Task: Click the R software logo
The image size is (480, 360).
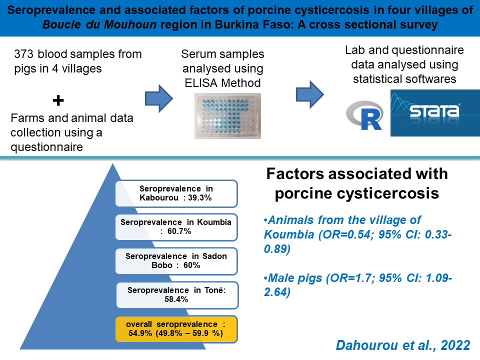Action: [x=365, y=115]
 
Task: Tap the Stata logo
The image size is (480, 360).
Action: [x=435, y=113]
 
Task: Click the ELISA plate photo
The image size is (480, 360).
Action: [x=228, y=116]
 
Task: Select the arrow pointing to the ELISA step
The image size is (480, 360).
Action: [x=159, y=98]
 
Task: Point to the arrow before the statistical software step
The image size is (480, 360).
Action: [x=310, y=94]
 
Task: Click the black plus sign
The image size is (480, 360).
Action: [x=58, y=100]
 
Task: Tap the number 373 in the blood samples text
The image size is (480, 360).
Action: [x=23, y=54]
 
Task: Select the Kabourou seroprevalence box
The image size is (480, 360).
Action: [x=176, y=193]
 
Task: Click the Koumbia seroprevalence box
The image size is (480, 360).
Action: [x=176, y=227]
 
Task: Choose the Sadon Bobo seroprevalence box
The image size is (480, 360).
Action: [x=176, y=261]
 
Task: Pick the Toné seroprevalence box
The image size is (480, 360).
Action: [x=177, y=295]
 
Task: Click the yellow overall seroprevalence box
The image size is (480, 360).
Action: [x=176, y=329]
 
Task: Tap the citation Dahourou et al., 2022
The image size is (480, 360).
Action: [x=403, y=345]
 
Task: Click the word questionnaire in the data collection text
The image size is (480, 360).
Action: [x=47, y=147]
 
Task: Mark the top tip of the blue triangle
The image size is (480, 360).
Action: [x=113, y=163]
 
